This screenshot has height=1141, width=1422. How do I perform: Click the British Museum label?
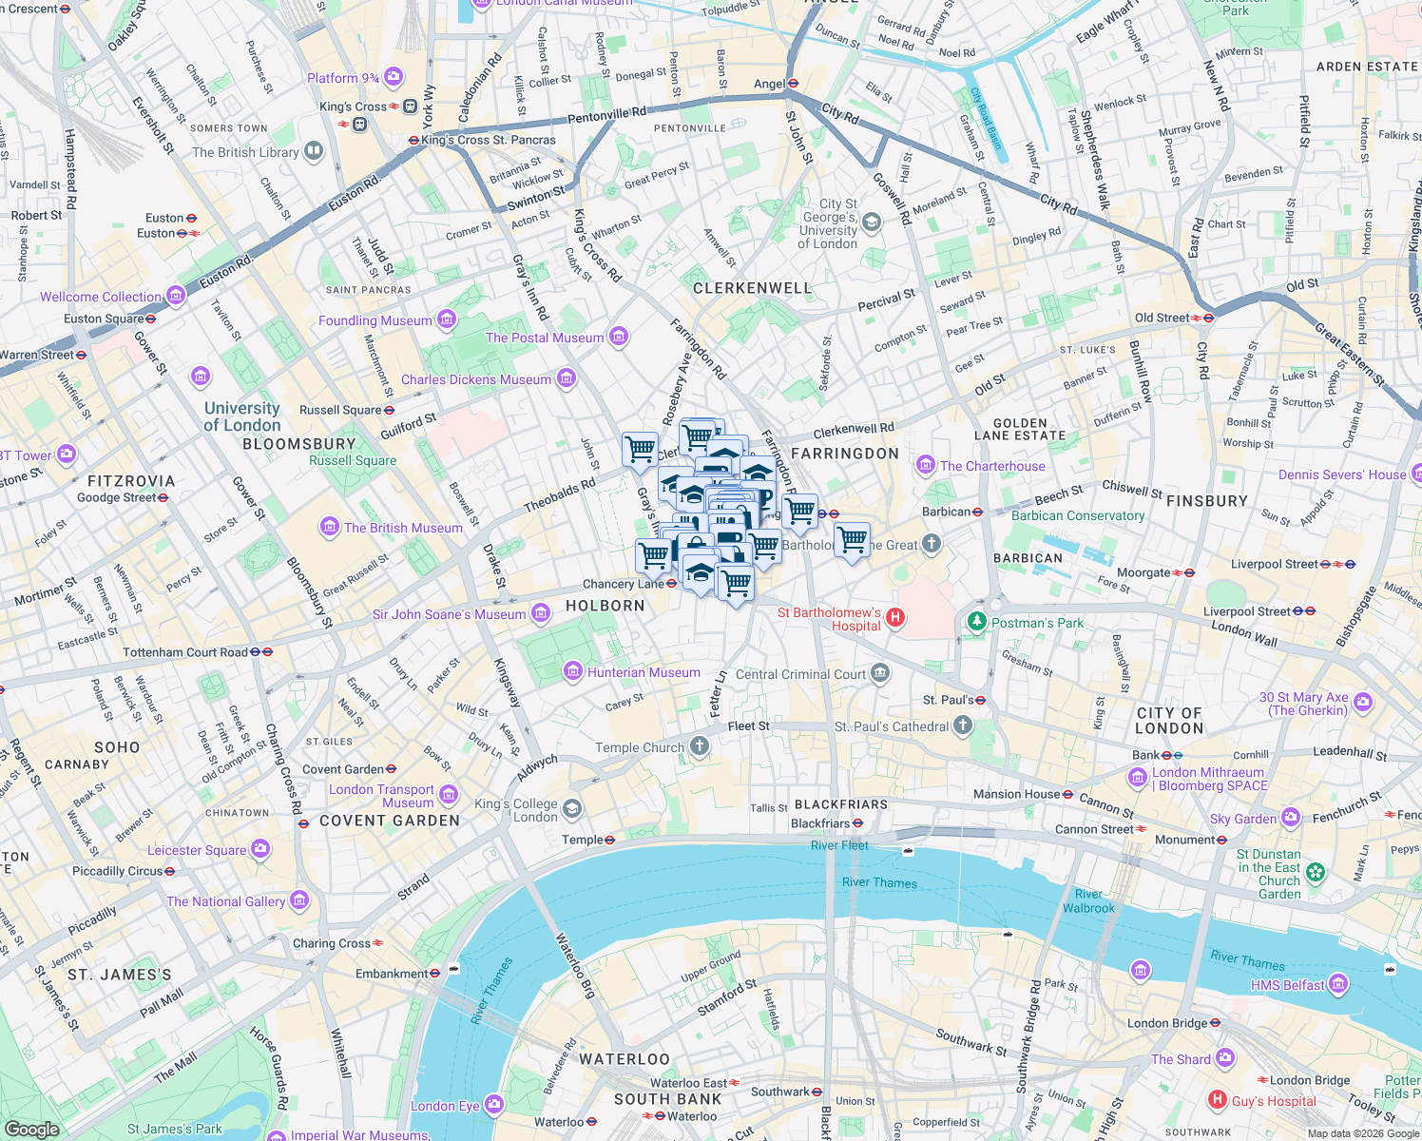[403, 528]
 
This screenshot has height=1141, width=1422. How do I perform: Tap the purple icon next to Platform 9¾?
[394, 77]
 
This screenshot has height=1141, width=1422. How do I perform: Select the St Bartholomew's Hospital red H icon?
[894, 618]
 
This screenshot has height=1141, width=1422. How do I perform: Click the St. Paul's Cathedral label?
[892, 726]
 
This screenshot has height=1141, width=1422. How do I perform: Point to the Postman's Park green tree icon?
[976, 622]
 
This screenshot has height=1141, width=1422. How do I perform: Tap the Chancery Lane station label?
[623, 584]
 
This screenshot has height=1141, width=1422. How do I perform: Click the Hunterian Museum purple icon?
[573, 672]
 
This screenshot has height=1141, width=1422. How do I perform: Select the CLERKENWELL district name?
[752, 288]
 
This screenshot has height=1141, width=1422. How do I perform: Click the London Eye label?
[445, 1106]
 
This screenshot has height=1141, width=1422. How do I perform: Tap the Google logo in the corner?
[31, 1129]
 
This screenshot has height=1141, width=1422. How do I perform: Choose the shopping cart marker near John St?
[640, 448]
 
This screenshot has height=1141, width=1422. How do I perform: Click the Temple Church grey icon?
[700, 746]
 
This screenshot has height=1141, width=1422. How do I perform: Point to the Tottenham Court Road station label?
[185, 652]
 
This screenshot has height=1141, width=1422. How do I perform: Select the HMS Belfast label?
[1287, 985]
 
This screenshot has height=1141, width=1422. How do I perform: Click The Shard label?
[1181, 1059]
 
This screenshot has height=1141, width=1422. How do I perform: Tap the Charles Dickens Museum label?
[475, 379]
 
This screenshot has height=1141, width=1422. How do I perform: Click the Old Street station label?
[1162, 318]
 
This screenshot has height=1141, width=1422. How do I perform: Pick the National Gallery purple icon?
[299, 899]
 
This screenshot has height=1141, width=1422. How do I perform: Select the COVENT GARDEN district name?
[390, 821]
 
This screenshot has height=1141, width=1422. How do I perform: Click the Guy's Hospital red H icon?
[1217, 1100]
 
